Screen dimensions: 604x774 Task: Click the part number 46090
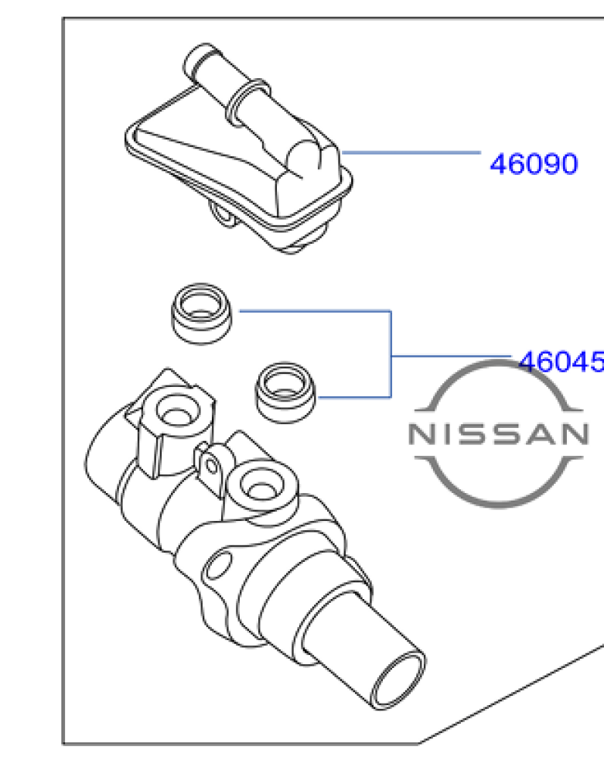coord(534,164)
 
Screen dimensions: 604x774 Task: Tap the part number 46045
coord(562,361)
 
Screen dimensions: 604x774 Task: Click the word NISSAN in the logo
coord(499,434)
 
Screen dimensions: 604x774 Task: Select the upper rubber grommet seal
coord(200,313)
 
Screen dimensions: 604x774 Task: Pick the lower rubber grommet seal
coord(285,392)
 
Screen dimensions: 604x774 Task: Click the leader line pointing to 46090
coord(411,152)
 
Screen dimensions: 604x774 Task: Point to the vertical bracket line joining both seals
coord(391,354)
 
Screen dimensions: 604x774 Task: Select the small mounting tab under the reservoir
coord(223,214)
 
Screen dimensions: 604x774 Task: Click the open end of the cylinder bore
coord(398,681)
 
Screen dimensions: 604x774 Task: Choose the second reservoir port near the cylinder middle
coord(261,486)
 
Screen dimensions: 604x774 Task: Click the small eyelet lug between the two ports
coord(212,465)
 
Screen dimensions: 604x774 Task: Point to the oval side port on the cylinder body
coord(217,566)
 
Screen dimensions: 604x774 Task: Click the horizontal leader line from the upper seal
coord(315,311)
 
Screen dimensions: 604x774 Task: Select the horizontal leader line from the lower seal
coord(354,396)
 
